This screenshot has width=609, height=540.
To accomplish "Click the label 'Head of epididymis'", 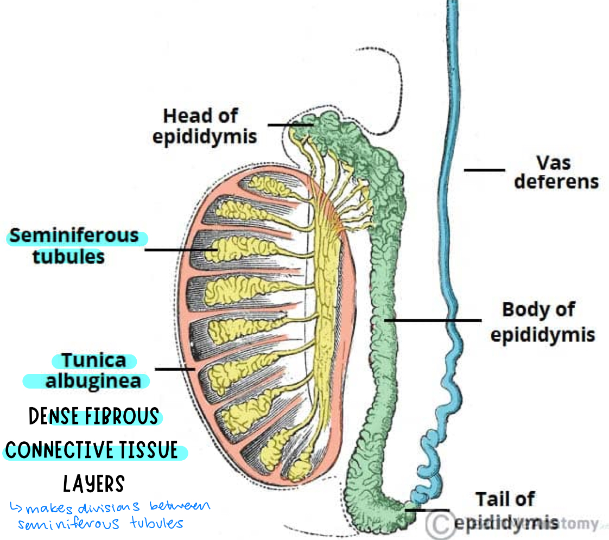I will (204, 126).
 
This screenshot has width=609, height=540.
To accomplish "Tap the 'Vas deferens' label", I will (556, 172).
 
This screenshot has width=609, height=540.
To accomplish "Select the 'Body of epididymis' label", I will (542, 322).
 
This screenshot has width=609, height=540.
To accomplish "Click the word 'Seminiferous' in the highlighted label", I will (74, 236).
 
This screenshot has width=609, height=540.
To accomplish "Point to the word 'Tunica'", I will (93, 360).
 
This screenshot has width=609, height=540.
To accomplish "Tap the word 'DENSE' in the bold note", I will (55, 417).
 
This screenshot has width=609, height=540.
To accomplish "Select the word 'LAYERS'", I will (94, 484).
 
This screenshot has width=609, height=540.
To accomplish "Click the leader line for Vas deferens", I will (484, 170).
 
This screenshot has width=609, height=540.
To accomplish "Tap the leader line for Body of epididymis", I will (434, 320).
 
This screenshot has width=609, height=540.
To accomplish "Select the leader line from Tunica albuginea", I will (175, 369).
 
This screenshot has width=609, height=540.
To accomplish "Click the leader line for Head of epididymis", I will (290, 125).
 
